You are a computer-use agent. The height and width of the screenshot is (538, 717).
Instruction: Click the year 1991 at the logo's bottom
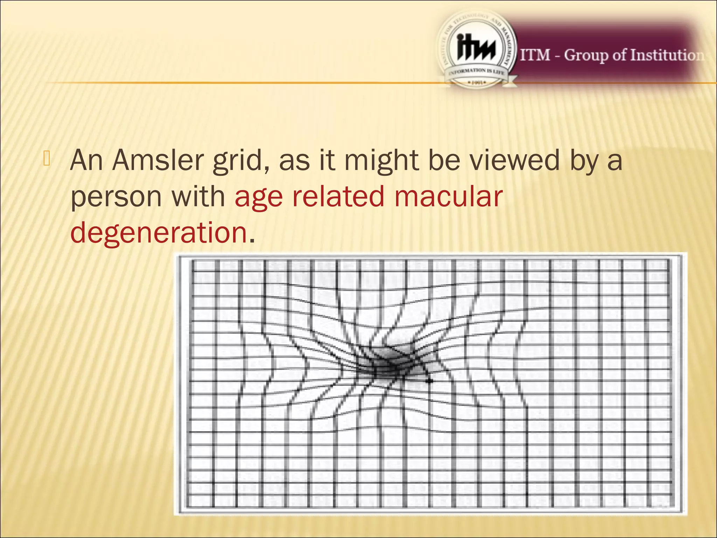pyautogui.click(x=476, y=83)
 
